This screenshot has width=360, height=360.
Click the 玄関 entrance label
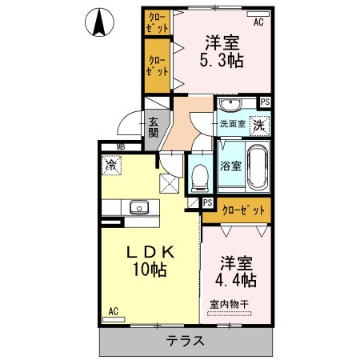click(x=153, y=126)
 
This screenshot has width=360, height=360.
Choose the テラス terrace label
click(x=186, y=341)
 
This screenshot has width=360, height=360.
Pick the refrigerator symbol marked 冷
click(x=110, y=166)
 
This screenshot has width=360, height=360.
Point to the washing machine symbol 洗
click(x=261, y=125)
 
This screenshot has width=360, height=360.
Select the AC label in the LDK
click(x=113, y=310)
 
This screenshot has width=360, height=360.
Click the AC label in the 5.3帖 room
click(x=258, y=22)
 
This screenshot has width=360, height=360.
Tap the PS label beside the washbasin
click(x=265, y=102)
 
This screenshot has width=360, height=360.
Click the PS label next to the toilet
click(x=207, y=203)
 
